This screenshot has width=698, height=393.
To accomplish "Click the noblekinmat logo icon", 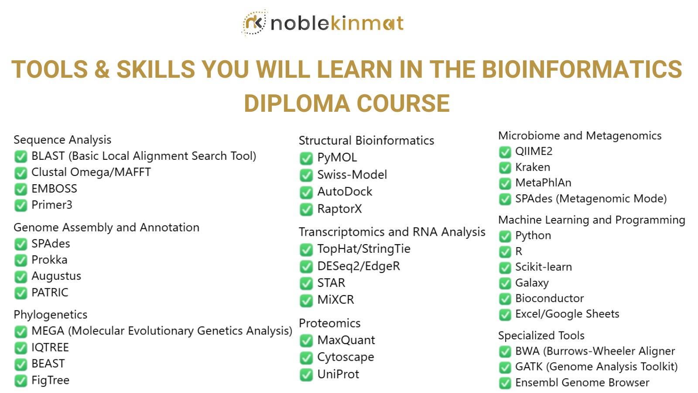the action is (x=254, y=22).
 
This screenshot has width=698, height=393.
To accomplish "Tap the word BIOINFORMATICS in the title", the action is (x=582, y=69).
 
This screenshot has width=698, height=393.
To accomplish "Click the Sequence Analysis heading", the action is (x=62, y=140).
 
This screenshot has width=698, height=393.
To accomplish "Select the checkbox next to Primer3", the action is (x=21, y=206).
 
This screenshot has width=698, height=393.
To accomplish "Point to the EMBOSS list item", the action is (x=54, y=189).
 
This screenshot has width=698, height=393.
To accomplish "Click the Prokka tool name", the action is (x=50, y=260).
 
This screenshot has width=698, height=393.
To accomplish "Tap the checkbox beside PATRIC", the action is (x=21, y=293).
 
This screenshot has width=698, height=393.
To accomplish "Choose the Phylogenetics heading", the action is (x=51, y=315).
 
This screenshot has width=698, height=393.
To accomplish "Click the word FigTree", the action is (x=51, y=380).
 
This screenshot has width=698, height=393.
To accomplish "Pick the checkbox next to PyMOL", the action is (x=306, y=159).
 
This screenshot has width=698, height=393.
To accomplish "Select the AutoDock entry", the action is (x=345, y=192).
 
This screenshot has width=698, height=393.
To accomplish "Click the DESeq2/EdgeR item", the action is (x=359, y=266).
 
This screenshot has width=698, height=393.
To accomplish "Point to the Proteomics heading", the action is (x=330, y=324).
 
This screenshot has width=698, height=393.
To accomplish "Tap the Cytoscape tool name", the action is (x=346, y=357).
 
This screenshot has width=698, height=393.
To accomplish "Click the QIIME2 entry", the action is (x=534, y=151).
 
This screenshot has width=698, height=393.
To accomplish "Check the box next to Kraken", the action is (x=505, y=168).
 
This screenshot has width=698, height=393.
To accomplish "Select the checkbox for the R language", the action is (x=505, y=252).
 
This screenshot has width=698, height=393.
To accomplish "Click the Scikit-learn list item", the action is (x=544, y=267).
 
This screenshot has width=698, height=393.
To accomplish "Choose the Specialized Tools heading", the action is (x=541, y=336).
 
